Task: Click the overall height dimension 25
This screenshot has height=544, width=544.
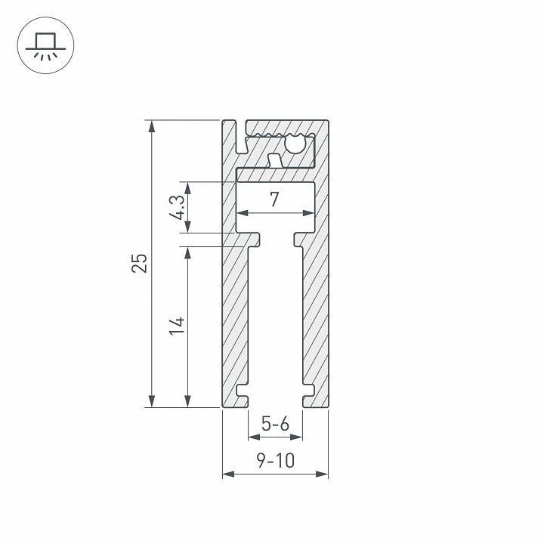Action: pyautogui.click(x=139, y=262)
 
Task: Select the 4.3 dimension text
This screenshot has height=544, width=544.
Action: pyautogui.click(x=175, y=206)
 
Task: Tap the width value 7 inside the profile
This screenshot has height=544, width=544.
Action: pyautogui.click(x=274, y=199)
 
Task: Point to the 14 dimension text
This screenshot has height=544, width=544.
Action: pyautogui.click(x=176, y=326)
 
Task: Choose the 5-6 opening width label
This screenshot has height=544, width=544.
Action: pyautogui.click(x=275, y=425)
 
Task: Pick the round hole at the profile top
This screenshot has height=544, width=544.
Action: pyautogui.click(x=295, y=144)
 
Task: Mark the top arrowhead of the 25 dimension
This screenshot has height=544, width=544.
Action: pyautogui.click(x=153, y=125)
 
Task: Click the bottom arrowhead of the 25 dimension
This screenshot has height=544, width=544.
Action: pyautogui.click(x=153, y=402)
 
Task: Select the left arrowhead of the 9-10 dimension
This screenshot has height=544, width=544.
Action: pyautogui.click(x=227, y=474)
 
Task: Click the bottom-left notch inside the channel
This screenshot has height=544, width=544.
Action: pyautogui.click(x=242, y=391)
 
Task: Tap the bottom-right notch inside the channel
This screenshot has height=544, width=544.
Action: pyautogui.click(x=308, y=391)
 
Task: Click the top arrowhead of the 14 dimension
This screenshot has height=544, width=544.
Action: pyautogui.click(x=188, y=251)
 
